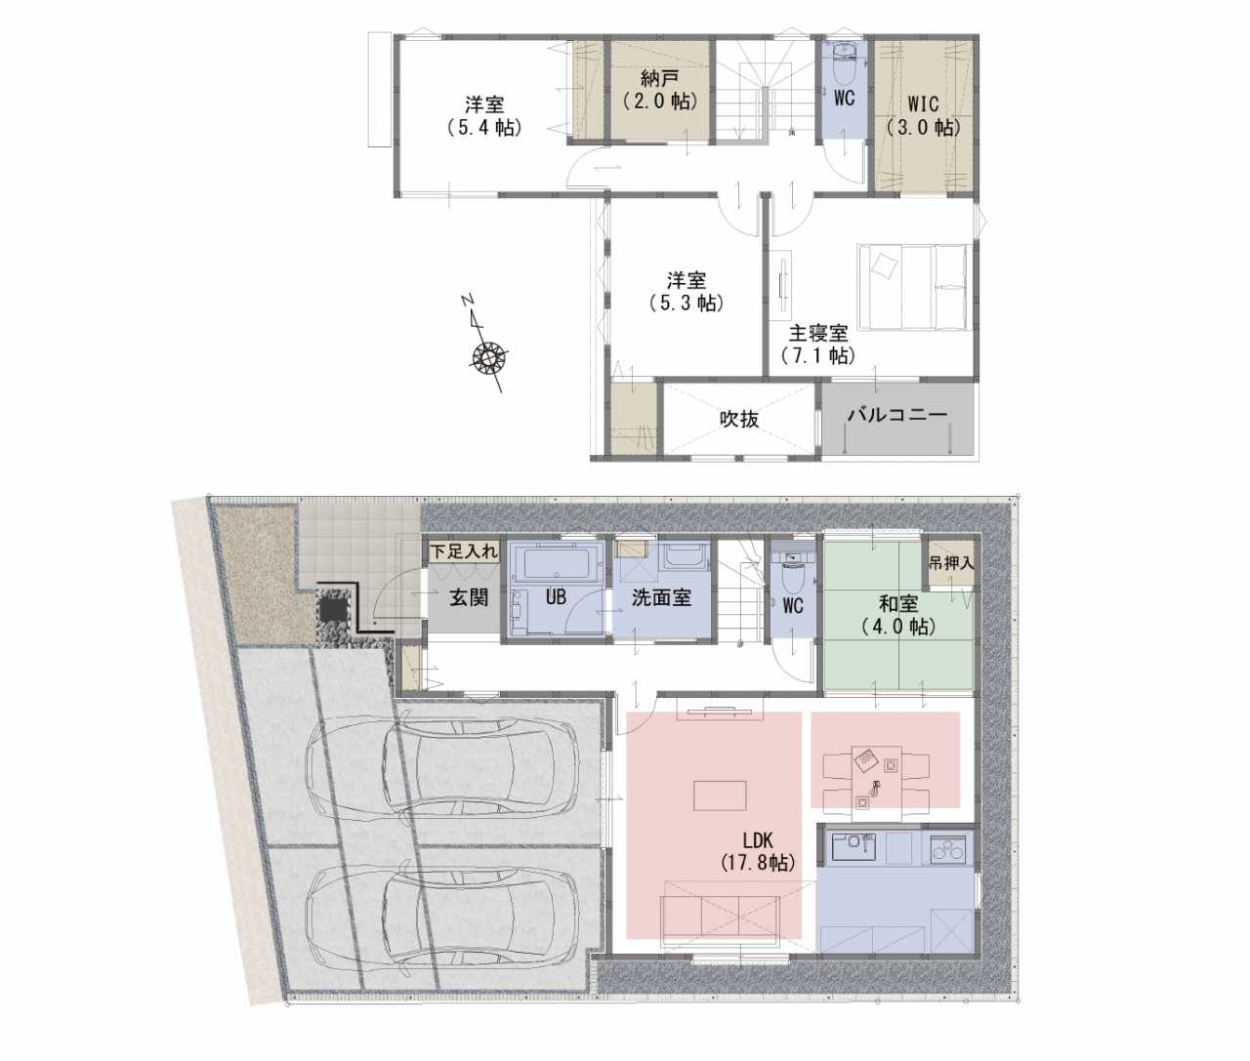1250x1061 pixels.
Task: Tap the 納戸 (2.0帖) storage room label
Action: tap(660, 89)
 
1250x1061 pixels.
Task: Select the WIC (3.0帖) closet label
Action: tap(924, 115)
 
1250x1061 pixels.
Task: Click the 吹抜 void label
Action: tap(739, 419)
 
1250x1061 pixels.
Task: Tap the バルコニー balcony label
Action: tap(897, 415)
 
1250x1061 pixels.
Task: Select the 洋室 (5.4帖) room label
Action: tap(484, 115)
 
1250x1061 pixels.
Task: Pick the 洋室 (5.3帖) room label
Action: tap(687, 292)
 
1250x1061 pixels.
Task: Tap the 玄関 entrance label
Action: tap(469, 598)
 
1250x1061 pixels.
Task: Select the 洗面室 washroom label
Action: tap(661, 598)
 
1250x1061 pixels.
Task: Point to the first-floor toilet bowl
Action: tap(792, 579)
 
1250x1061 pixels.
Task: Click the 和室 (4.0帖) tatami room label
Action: tap(898, 615)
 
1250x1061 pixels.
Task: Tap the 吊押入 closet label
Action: tap(951, 563)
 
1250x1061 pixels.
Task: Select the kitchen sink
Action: tap(854, 847)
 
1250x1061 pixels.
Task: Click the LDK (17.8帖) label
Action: tap(759, 852)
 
